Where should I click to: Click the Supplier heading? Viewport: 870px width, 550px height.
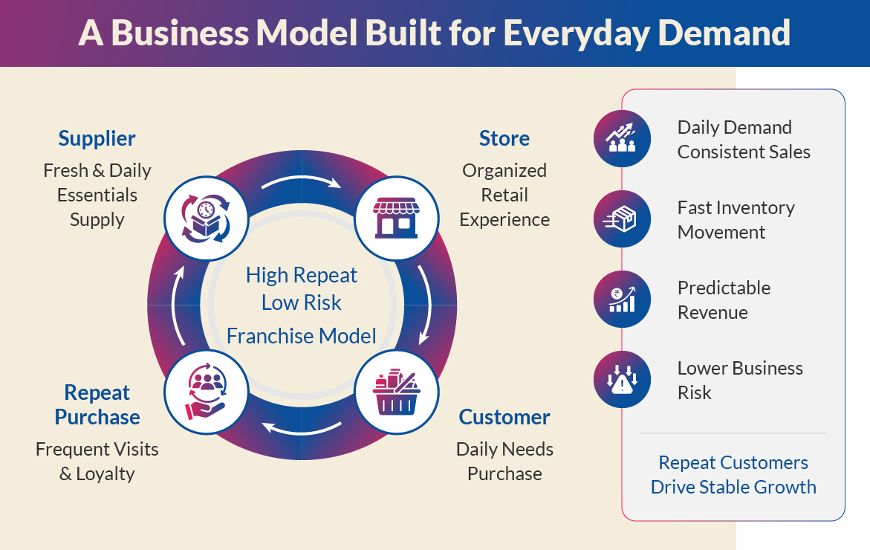click(97, 138)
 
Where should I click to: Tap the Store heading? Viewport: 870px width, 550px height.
click(504, 138)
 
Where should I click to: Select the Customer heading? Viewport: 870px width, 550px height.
click(504, 417)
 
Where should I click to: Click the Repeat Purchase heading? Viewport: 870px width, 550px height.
click(97, 404)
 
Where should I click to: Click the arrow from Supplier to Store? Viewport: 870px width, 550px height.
click(301, 181)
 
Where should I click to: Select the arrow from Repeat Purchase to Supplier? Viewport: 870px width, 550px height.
click(178, 305)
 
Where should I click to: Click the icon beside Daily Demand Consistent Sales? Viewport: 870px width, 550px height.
click(622, 139)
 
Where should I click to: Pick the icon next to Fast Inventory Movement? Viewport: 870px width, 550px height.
click(622, 219)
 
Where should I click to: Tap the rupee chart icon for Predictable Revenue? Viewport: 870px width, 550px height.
click(622, 300)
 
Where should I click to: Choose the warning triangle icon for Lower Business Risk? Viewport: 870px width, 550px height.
click(622, 380)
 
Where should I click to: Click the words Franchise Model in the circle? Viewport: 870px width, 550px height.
click(301, 336)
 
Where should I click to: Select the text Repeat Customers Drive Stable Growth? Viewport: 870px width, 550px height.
click(733, 475)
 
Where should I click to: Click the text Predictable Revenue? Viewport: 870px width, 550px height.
click(724, 300)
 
